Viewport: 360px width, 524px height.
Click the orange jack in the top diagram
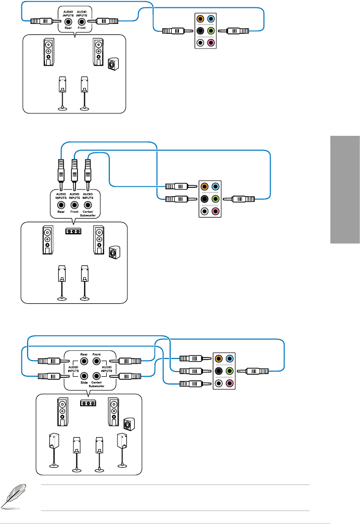[x=201, y=19]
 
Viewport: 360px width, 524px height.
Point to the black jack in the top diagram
[x=201, y=31]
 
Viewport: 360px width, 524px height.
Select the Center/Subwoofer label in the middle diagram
[x=88, y=213]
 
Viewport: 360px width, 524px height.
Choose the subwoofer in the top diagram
[x=112, y=64]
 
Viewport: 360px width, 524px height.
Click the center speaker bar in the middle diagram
[x=74, y=231]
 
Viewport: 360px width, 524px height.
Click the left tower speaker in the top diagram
[x=48, y=52]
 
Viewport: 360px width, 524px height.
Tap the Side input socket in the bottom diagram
[x=83, y=375]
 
